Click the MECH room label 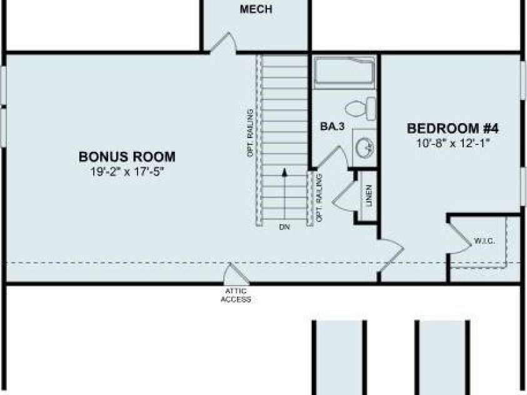tap(256, 9)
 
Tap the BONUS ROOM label tap(127, 157)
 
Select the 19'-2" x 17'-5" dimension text tap(127, 172)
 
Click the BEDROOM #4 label tap(453, 128)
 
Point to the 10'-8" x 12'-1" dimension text tap(453, 143)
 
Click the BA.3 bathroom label tap(333, 127)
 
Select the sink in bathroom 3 tap(364, 147)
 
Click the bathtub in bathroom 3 tap(344, 72)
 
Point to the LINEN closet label tap(369, 196)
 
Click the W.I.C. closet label tap(484, 241)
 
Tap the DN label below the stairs tap(284, 227)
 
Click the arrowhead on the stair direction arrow tap(284, 172)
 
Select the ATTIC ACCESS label tap(236, 295)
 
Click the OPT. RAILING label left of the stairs tap(250, 133)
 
